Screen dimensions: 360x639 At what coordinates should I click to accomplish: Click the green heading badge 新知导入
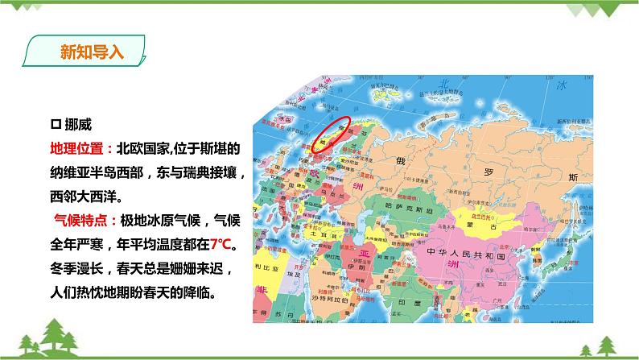click(x=91, y=53)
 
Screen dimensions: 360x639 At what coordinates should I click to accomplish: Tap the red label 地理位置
click(x=76, y=149)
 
